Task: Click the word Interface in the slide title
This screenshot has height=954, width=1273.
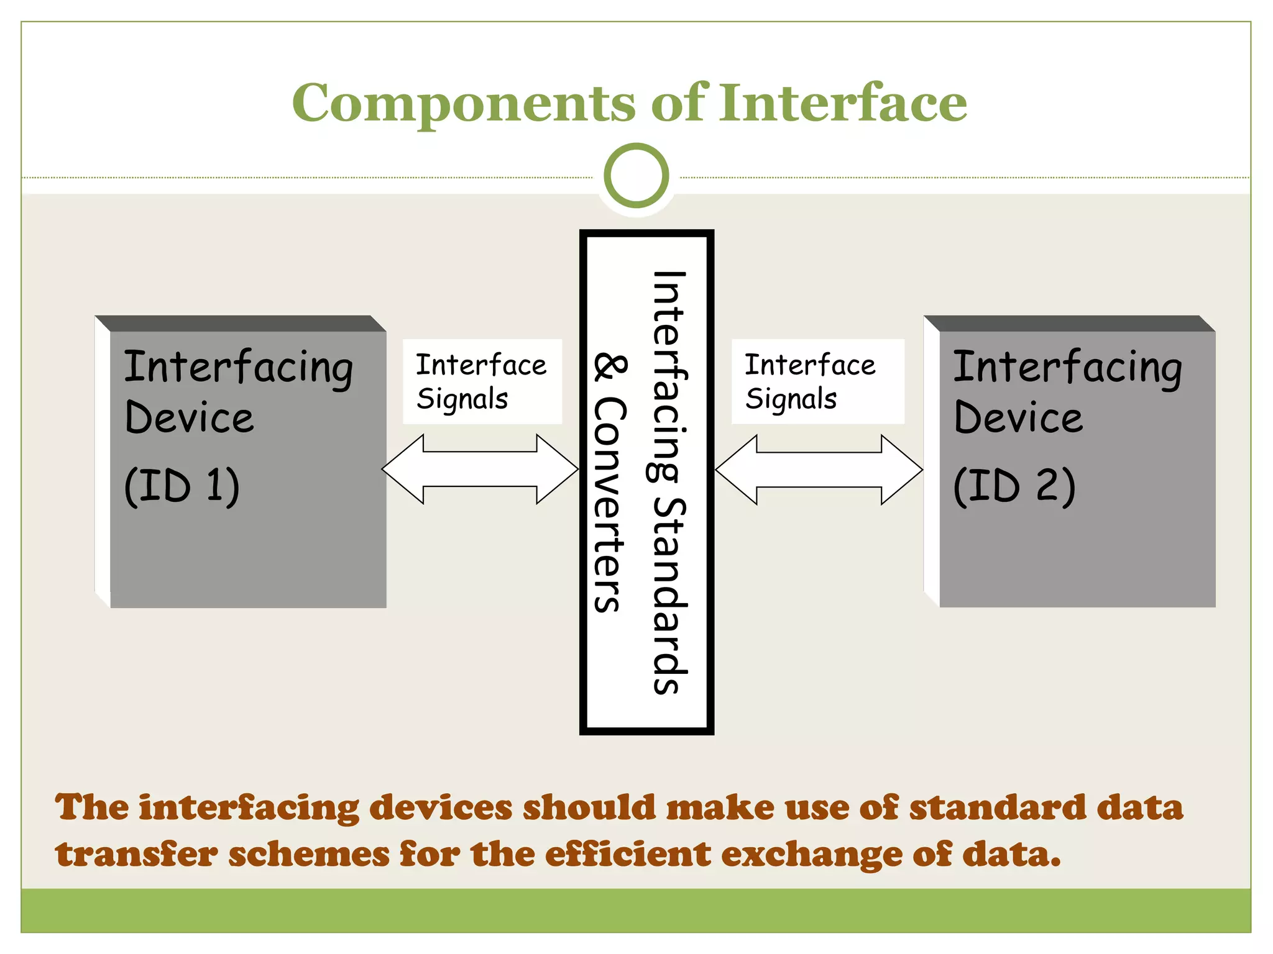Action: (x=843, y=102)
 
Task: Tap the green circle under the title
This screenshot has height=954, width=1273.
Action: (x=636, y=176)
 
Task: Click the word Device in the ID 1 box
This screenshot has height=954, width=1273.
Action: (x=189, y=417)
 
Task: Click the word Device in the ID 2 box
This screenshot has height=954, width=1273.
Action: (x=1018, y=417)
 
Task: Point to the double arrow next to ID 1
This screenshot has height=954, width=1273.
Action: (x=480, y=469)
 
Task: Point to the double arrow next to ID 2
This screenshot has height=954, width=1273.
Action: (x=819, y=470)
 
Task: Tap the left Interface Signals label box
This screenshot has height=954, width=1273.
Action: (x=482, y=381)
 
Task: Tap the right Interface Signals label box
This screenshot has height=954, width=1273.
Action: (x=817, y=381)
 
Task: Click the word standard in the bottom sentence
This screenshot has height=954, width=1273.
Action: (x=997, y=807)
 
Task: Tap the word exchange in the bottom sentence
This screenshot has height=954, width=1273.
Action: (x=811, y=855)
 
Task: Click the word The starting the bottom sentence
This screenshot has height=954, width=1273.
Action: (x=91, y=807)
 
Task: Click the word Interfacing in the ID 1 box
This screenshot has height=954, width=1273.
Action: (x=238, y=367)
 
